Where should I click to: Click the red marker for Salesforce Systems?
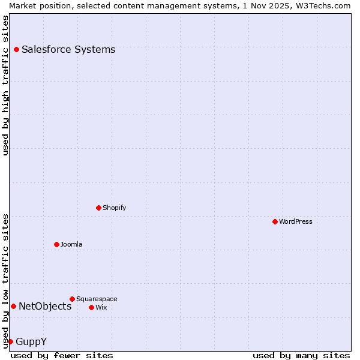pos(16,49)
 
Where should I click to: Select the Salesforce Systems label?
pos(68,50)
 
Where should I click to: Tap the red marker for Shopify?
pos(98,208)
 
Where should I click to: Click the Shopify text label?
pos(114,208)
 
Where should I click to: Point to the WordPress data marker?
pos(275,221)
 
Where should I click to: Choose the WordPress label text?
pos(295,222)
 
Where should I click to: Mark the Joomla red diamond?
pos(56,244)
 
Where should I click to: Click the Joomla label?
pos(71,245)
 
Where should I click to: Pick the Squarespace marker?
pos(72,299)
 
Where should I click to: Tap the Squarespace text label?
pos(97,299)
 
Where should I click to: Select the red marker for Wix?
pos(91,307)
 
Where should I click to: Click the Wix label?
pos(101,308)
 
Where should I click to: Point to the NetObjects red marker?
pos(13,306)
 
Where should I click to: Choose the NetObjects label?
pos(45,307)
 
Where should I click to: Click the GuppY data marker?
pos(10,341)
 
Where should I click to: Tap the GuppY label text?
pos(31,342)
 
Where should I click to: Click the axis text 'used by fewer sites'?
pos(62,356)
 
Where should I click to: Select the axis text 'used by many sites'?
pos(301,356)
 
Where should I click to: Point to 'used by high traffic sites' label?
pos(6,85)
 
